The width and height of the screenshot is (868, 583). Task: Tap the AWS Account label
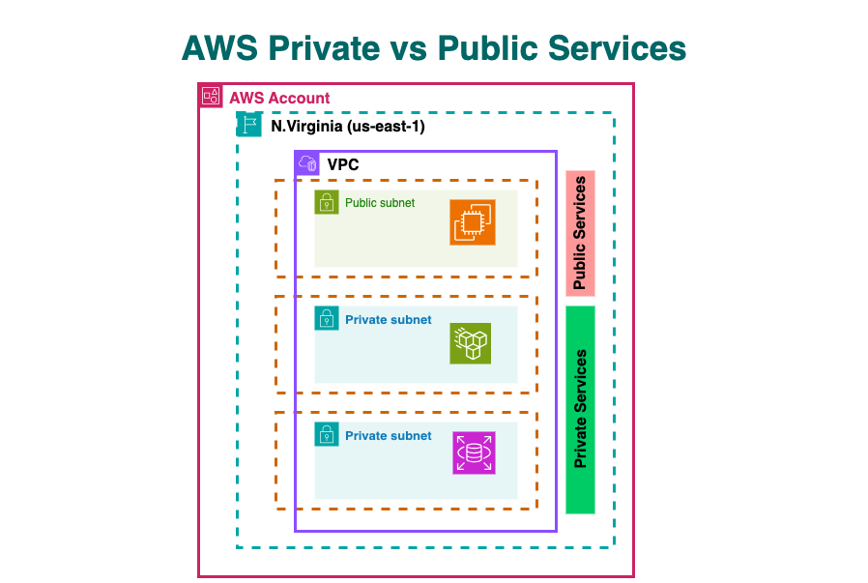279,98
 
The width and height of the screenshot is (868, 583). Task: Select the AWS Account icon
211,97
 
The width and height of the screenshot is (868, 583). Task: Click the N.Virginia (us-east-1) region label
348,126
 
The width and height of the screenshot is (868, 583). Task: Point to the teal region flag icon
249,125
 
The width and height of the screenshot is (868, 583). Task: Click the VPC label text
343,164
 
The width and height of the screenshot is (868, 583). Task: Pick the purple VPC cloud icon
307,163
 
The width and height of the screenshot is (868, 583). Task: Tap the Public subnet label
380,203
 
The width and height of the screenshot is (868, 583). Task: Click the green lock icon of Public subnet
327,202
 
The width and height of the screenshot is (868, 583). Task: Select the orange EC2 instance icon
473,222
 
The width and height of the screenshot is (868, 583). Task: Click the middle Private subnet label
389,319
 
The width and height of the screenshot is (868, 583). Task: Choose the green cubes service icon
471,343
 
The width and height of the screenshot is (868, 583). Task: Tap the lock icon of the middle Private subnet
327,319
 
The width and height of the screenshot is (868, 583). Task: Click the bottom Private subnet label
389,435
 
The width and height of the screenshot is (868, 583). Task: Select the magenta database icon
474,452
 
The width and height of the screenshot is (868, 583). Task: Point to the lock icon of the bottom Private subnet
327,435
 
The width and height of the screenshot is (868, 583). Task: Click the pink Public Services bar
580,233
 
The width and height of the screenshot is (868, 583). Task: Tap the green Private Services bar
580,409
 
